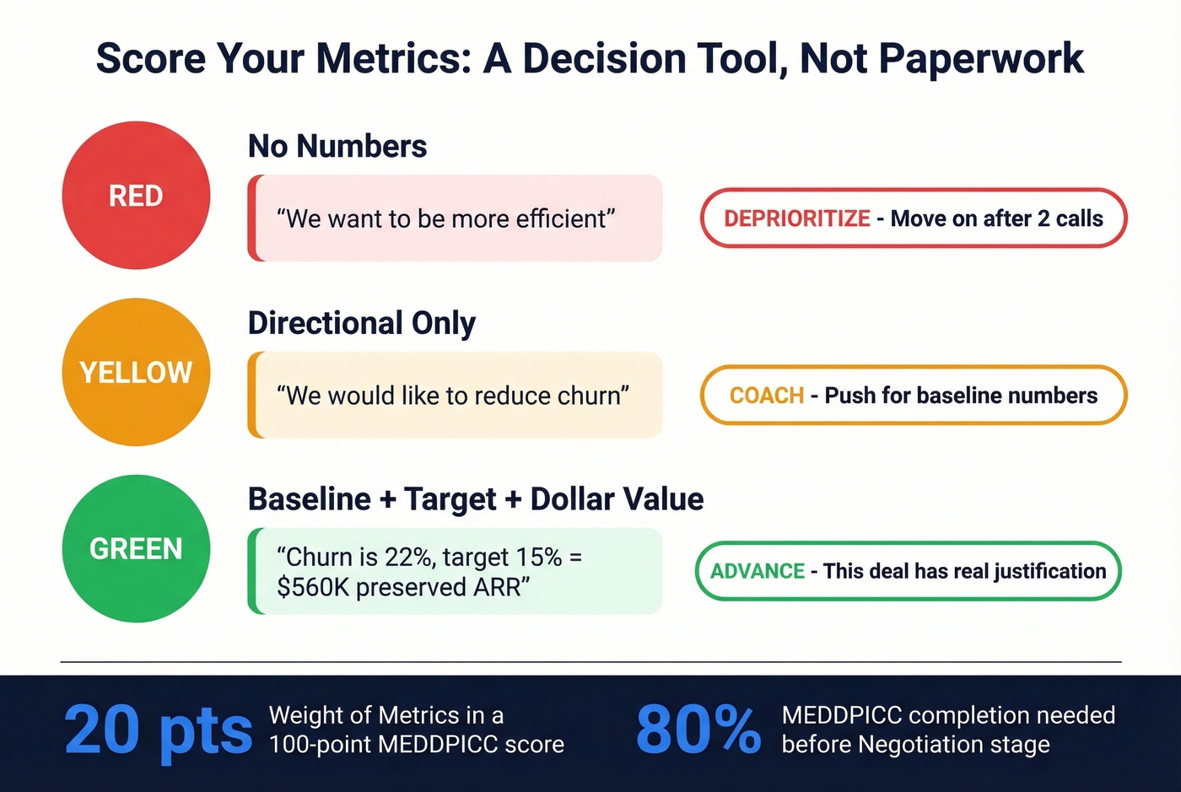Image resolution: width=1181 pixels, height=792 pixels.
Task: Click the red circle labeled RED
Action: click(x=136, y=196)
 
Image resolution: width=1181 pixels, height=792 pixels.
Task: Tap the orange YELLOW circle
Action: click(x=136, y=372)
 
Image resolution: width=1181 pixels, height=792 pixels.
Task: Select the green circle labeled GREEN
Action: click(x=136, y=548)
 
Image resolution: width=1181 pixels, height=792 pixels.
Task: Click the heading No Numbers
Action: click(x=337, y=147)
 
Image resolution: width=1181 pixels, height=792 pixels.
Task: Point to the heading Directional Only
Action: click(x=361, y=323)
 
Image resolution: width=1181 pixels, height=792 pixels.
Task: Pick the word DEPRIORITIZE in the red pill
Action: click(x=796, y=218)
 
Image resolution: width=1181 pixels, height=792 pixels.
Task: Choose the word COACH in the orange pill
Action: click(x=766, y=396)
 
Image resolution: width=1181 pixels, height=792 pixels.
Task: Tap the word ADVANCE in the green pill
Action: click(x=757, y=571)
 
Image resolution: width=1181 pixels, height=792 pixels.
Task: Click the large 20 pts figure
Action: click(x=158, y=730)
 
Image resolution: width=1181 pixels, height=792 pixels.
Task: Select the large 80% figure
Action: click(x=698, y=730)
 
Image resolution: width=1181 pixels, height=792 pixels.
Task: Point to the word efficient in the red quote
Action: click(x=561, y=219)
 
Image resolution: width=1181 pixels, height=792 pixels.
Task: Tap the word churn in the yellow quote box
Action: click(x=589, y=396)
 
